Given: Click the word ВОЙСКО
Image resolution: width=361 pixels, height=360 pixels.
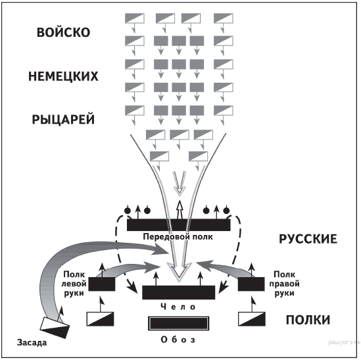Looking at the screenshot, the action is (x=63, y=32).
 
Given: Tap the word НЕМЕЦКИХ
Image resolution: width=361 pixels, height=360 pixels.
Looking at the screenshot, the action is (x=63, y=76).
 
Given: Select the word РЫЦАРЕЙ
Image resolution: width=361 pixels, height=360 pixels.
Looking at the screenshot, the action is (x=63, y=119).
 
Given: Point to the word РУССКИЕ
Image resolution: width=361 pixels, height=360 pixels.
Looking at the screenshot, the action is (x=308, y=239).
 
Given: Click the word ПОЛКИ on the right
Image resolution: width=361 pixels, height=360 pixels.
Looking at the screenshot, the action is (x=308, y=320).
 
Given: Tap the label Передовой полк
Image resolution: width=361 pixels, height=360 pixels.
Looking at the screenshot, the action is (x=178, y=237).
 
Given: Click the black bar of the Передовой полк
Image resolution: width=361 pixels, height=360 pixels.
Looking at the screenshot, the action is (x=179, y=225).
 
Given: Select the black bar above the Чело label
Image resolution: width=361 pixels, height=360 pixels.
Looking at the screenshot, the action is (x=179, y=292).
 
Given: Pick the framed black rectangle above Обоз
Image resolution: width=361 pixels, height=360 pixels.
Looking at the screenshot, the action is (x=179, y=323).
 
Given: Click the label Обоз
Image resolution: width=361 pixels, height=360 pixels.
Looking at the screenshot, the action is (x=178, y=340).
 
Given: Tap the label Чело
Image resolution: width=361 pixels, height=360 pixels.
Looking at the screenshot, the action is (x=178, y=307).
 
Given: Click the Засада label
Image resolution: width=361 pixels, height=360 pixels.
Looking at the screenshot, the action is (x=32, y=343).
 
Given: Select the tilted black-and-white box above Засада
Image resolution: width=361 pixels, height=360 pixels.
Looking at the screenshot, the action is (x=55, y=328).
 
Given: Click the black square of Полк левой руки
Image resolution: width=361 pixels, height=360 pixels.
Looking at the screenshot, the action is (x=102, y=284).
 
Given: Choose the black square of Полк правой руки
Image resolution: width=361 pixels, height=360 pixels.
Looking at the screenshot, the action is (x=251, y=284).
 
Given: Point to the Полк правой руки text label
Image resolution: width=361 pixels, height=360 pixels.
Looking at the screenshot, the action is (x=284, y=284).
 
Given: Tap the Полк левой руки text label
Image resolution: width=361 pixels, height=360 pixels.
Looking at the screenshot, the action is (x=74, y=284).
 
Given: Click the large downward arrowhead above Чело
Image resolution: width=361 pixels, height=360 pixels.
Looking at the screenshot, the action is (x=180, y=272).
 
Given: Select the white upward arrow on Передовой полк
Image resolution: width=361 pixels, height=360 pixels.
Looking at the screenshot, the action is (x=180, y=210).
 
